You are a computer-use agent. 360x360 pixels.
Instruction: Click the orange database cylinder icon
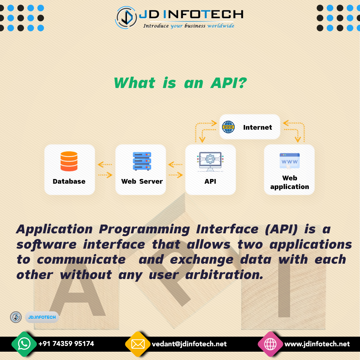pos(69,161)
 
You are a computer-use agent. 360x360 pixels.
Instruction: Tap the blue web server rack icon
pos(142,161)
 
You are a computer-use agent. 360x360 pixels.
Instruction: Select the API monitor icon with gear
pos(210,162)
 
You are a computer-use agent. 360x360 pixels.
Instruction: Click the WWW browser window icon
pos(290,161)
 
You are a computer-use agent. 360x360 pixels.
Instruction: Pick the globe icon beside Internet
pos(228,127)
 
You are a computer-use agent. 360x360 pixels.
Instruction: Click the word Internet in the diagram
pos(257,127)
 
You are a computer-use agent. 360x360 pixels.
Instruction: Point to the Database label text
pos(69,181)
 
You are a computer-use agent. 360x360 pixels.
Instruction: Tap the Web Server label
pos(142,181)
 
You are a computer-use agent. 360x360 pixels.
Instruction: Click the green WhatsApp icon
pos(24,344)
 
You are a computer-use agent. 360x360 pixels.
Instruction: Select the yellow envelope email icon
pos(138,344)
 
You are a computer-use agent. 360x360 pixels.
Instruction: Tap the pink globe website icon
pos(270,344)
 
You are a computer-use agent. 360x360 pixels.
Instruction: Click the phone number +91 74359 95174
pos(66,344)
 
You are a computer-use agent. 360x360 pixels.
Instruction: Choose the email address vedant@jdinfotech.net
pos(189,344)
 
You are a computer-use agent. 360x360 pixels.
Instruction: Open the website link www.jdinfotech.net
pos(317,344)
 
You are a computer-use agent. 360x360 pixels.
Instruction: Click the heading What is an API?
pos(180,83)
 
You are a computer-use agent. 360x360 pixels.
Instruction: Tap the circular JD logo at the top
pos(126,18)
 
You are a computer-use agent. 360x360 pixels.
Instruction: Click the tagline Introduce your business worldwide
pos(189,26)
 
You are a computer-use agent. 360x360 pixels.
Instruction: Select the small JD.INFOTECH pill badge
pos(42,317)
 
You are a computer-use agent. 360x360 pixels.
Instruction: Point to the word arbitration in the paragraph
pos(224,275)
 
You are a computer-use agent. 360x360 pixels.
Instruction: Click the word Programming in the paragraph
pos(144,230)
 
